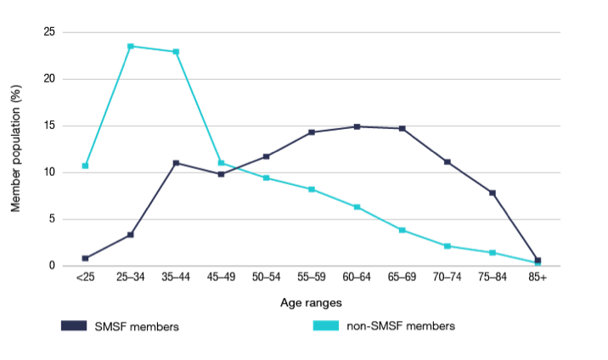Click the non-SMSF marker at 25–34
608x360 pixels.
pyautogui.click(x=131, y=46)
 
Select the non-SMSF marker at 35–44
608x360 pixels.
pyautogui.click(x=176, y=52)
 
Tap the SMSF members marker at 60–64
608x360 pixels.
pyautogui.click(x=357, y=127)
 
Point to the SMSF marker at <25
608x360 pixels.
pyautogui.click(x=86, y=258)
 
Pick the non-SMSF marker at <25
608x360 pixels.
pyautogui.click(x=86, y=166)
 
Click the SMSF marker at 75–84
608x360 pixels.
pyautogui.click(x=492, y=193)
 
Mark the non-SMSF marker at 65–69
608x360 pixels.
pyautogui.click(x=402, y=230)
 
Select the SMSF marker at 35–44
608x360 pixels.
pyautogui.click(x=176, y=163)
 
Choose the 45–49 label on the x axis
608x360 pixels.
pyautogui.click(x=221, y=278)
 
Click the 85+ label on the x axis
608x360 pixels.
pyautogui.click(x=537, y=278)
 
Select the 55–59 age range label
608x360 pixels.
pyautogui.click(x=311, y=278)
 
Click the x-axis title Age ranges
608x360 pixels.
pyautogui.click(x=311, y=301)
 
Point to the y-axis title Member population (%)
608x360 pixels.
pyautogui.click(x=15, y=149)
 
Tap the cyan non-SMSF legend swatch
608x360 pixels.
pyautogui.click(x=324, y=326)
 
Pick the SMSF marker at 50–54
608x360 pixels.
pyautogui.click(x=266, y=156)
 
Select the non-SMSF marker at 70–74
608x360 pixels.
pyautogui.click(x=447, y=246)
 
